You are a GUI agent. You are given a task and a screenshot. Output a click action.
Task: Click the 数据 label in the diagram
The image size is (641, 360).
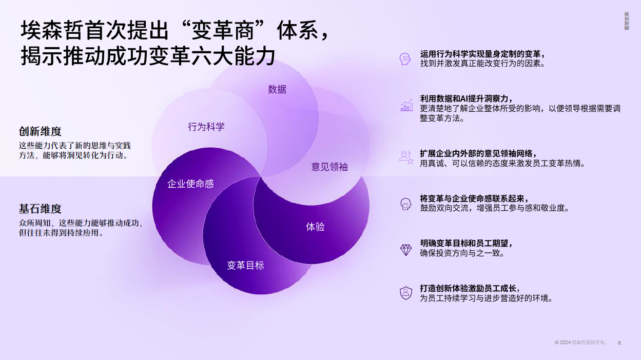[x=277, y=90]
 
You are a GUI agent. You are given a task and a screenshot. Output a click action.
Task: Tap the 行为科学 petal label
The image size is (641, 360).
[x=206, y=127]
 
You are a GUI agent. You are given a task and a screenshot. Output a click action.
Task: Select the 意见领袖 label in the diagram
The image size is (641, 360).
[x=329, y=167]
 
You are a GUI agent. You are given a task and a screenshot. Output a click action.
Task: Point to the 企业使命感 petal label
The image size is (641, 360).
[x=190, y=184]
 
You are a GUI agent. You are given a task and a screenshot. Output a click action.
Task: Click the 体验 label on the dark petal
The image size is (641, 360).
[x=315, y=227]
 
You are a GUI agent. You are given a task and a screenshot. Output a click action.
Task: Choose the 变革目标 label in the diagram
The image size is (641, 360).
[x=245, y=265]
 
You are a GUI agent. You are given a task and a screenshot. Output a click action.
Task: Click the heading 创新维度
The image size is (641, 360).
[x=40, y=131]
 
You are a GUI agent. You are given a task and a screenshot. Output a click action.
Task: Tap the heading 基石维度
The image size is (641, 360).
[x=40, y=209]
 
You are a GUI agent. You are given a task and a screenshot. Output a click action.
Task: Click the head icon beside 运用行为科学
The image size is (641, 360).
[x=405, y=59]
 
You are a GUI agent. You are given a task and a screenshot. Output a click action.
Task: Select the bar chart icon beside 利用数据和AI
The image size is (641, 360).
[x=406, y=105]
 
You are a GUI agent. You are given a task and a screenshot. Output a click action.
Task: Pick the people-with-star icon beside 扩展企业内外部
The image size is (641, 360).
[x=406, y=157]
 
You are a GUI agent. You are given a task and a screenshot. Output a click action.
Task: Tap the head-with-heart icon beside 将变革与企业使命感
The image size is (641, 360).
[x=406, y=204]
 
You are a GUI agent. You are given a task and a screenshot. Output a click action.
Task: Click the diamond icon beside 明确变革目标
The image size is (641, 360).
[x=406, y=250]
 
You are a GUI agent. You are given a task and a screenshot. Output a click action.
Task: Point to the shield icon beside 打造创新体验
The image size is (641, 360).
[x=406, y=293]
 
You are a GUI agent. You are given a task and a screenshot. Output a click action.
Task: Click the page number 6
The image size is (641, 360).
[x=619, y=343]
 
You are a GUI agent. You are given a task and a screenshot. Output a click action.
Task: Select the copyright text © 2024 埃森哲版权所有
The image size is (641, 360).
[x=580, y=342]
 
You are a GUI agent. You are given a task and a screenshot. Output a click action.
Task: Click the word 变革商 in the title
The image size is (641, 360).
[x=223, y=30]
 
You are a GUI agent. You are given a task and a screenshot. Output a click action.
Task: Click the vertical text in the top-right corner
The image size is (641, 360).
[x=627, y=21]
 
